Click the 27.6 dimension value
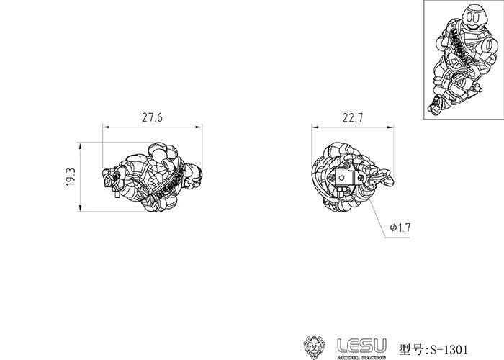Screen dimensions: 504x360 (153, 117)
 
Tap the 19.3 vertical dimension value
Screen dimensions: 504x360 (71, 177)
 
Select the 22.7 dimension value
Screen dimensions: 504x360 (353, 118)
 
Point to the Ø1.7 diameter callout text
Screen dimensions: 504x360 (400, 228)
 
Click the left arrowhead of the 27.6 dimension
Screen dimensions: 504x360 (106, 127)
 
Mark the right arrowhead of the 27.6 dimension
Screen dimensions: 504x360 (199, 127)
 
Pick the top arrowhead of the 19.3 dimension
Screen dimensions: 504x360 (80, 145)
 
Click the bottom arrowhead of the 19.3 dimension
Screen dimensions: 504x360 (80, 208)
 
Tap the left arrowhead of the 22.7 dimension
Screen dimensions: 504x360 (315, 127)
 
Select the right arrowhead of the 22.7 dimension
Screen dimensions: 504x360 (390, 127)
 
